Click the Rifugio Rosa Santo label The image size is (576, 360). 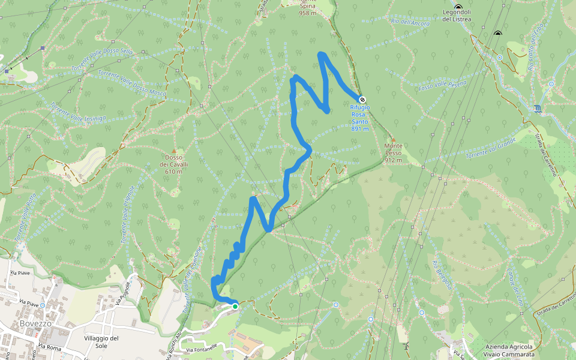pyautogui.click(x=360, y=118)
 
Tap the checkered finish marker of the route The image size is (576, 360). pyautogui.click(x=362, y=100)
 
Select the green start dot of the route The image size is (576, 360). pyautogui.click(x=235, y=307)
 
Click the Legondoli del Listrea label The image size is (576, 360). pyautogui.click(x=457, y=16)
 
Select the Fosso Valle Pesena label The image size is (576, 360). pyautogui.click(x=442, y=85)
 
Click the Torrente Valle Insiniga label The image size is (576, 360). pyautogui.click(x=78, y=112)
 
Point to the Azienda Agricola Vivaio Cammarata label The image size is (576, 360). pyautogui.click(x=510, y=351)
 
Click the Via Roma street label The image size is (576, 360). pyautogui.click(x=50, y=347)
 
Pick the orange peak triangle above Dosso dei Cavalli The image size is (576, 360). pyautogui.click(x=174, y=151)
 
